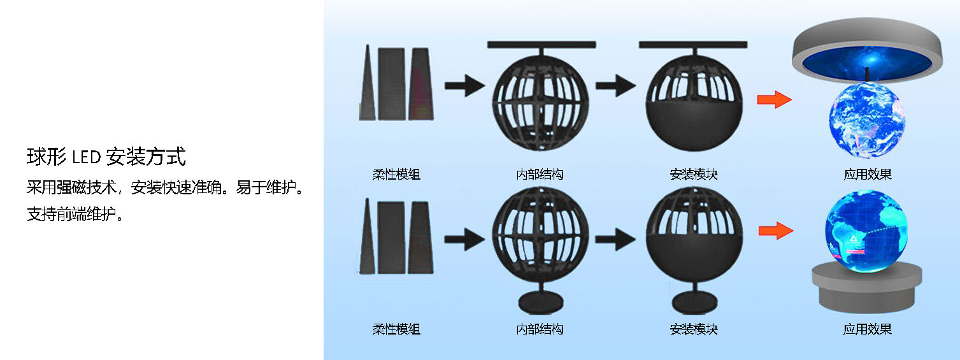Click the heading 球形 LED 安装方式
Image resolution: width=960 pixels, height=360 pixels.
106,156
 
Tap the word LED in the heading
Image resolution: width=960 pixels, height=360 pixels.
85,156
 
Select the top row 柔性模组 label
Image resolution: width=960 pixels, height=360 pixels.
396,174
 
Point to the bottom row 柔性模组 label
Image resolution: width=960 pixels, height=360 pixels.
396,329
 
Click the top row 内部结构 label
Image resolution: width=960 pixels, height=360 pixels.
540,174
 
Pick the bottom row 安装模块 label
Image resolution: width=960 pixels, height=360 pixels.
694,329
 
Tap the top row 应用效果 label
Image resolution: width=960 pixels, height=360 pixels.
867,174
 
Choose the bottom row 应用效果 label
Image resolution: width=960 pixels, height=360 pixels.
867,329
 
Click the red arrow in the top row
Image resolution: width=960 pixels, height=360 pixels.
774,99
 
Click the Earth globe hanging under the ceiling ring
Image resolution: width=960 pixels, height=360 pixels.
866,124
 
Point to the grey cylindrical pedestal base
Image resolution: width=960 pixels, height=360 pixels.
866,290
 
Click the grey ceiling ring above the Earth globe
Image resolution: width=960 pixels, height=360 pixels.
866,54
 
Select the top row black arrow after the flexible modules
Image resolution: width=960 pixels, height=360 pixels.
464,85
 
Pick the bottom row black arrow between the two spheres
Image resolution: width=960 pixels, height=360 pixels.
615,240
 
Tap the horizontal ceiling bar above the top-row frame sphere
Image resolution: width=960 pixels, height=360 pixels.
541,45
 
